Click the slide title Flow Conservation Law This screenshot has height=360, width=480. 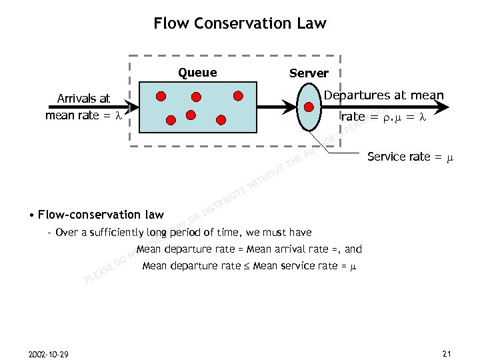pyautogui.click(x=240, y=23)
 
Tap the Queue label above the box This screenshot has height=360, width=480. pyautogui.click(x=197, y=73)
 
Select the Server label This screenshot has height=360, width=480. pyautogui.click(x=309, y=73)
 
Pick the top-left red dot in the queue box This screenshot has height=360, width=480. pyautogui.click(x=161, y=95)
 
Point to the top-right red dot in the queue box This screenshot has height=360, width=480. pyautogui.click(x=238, y=95)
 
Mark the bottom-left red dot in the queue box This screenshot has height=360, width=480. pyautogui.click(x=171, y=121)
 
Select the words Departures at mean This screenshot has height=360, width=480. pyautogui.click(x=383, y=95)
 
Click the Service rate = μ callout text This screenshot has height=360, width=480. pyautogui.click(x=409, y=157)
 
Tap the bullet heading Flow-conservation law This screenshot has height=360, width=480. pyautogui.click(x=101, y=215)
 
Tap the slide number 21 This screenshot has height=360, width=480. pyautogui.click(x=447, y=353)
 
